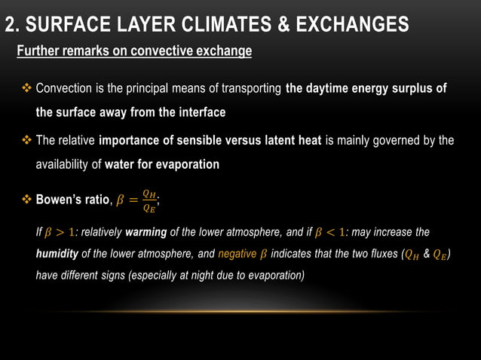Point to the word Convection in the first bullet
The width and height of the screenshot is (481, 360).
[x=64, y=89]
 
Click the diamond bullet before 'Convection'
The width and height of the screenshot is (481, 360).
[x=27, y=89]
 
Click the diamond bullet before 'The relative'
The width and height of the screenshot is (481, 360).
[x=27, y=141]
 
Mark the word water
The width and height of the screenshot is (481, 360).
[x=120, y=164]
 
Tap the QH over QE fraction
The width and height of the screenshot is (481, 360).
[x=150, y=200]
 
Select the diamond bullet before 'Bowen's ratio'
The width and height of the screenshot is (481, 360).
[x=27, y=200]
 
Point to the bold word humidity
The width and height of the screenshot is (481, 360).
[x=58, y=254]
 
